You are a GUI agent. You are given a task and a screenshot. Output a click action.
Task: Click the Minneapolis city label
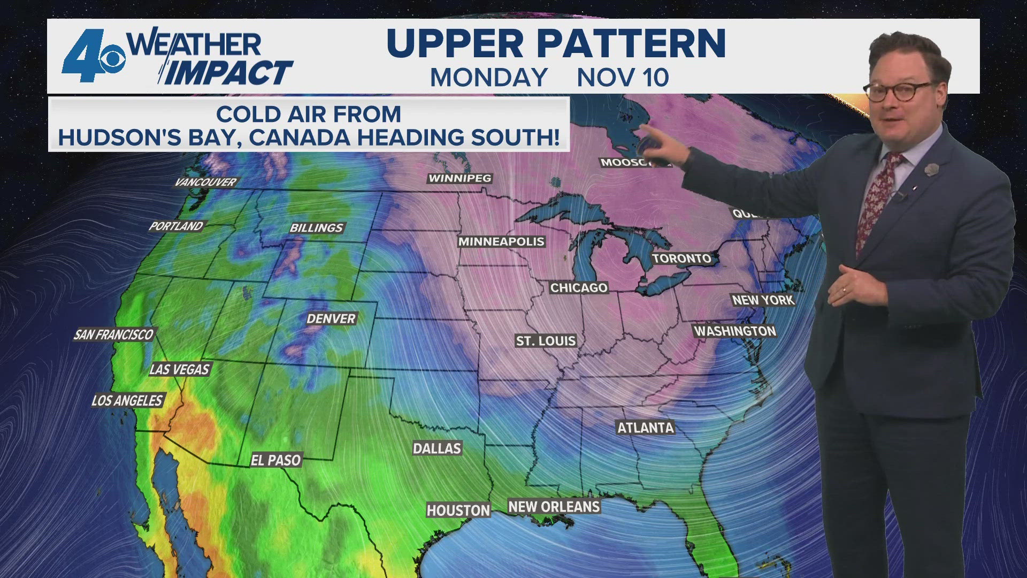tap(501, 242)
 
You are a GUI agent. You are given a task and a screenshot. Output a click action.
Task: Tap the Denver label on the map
tap(331, 319)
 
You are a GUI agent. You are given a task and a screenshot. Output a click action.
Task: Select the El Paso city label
tap(276, 460)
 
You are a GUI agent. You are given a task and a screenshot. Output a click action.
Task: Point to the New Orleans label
tap(554, 507)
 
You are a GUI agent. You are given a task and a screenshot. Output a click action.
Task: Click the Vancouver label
tap(205, 182)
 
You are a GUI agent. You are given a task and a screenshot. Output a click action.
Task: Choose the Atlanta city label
tap(646, 428)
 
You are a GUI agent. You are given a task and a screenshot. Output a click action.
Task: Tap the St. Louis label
tap(546, 341)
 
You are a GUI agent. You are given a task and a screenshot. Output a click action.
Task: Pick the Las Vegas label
tap(179, 369)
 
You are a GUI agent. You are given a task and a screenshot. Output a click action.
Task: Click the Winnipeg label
tap(459, 178)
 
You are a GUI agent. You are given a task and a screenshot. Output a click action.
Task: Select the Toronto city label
tap(681, 258)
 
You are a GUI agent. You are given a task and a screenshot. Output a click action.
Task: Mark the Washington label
tap(735, 331)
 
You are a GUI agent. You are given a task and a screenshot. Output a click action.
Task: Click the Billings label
tap(316, 228)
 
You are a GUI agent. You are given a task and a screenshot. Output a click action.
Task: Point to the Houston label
tap(458, 511)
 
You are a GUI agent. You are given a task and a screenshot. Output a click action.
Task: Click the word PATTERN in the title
tap(631, 43)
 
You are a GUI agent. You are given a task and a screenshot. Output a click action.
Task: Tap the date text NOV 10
tap(623, 78)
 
